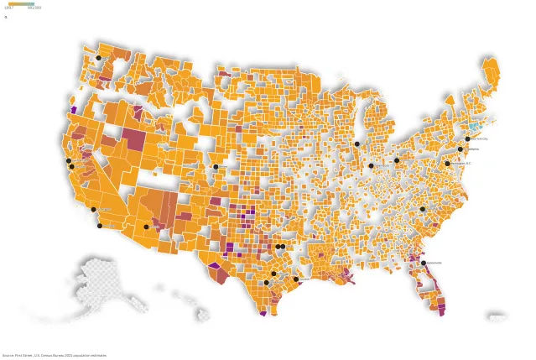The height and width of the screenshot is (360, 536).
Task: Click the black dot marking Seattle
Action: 98,58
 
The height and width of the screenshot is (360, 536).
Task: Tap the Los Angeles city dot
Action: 93,209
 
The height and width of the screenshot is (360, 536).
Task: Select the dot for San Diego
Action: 100,226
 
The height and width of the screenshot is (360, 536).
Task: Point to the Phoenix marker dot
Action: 146,227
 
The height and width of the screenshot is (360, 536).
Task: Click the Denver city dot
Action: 216,167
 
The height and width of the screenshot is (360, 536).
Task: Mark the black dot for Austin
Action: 273,274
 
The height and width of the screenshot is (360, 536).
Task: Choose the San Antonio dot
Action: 266,283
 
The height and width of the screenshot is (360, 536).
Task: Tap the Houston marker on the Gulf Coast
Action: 295,279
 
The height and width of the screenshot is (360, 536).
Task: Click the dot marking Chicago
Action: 356,144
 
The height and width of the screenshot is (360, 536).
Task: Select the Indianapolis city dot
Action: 371,165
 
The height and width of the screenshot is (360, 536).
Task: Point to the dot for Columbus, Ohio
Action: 397,160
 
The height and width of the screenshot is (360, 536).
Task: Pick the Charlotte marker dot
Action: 422,209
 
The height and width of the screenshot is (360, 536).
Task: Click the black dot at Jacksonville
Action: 424,263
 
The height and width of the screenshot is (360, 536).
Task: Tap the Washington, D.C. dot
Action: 447,164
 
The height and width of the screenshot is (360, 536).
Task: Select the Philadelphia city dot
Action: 460,149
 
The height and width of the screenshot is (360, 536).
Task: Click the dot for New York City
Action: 467,139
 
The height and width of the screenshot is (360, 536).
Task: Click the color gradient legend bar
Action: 21,3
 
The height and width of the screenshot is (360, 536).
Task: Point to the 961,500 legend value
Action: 34,8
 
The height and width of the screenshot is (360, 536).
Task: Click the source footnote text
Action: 54,355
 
